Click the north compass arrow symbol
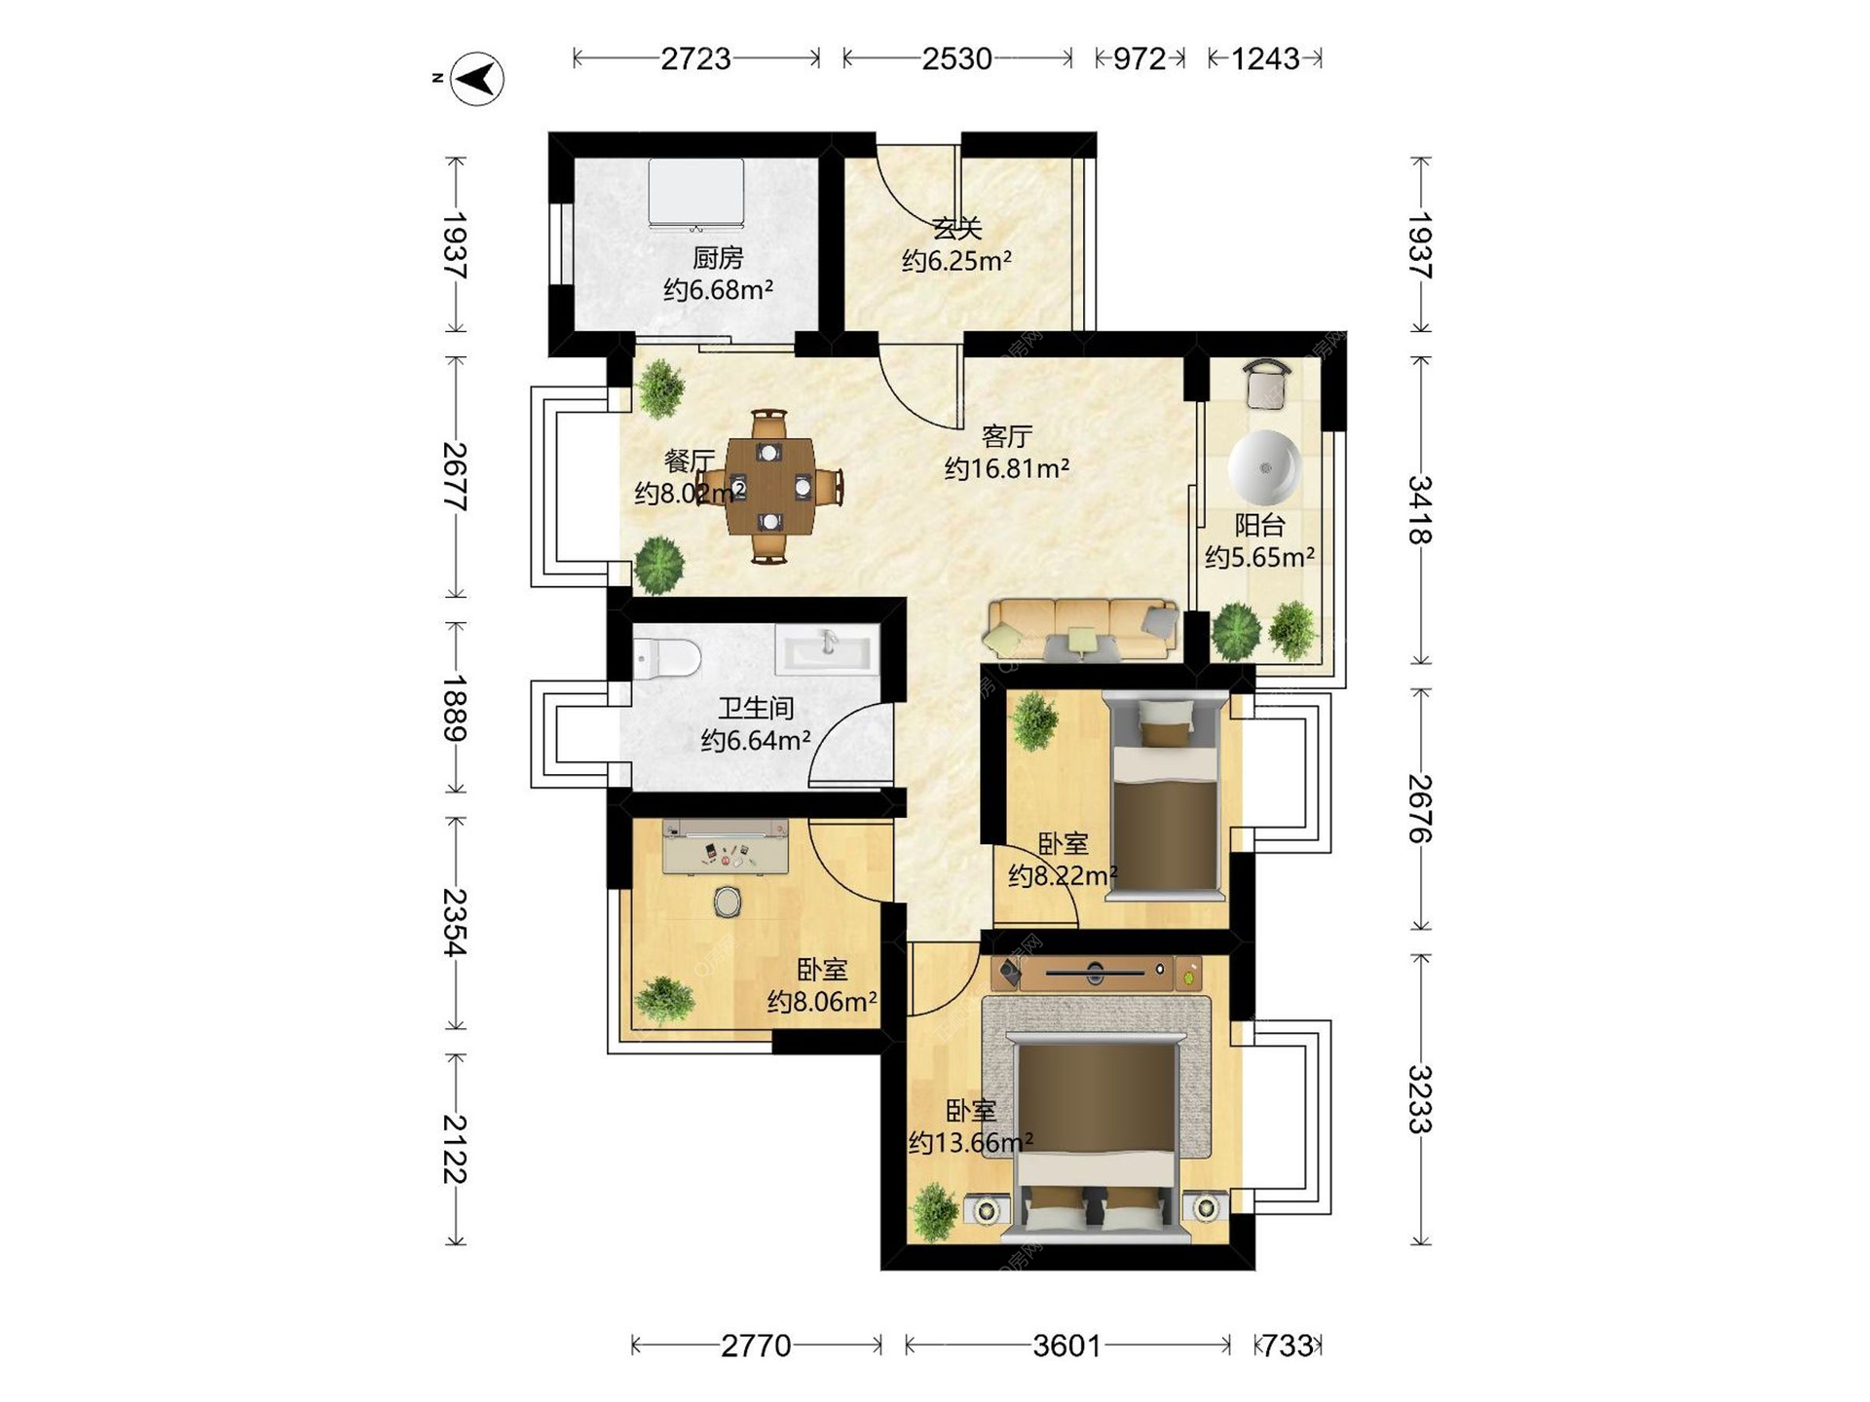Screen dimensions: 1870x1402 [x=478, y=78]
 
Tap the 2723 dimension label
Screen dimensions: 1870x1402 [x=695, y=59]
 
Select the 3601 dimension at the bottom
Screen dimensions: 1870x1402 [x=1066, y=1346]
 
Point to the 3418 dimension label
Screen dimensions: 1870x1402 [x=1420, y=509]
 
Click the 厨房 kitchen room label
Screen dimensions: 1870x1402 [x=718, y=258]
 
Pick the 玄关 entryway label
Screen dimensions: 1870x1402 [x=956, y=229]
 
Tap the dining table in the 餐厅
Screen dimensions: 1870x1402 [x=769, y=486]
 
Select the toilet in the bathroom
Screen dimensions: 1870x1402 [x=666, y=658]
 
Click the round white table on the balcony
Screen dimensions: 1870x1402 [x=1265, y=467]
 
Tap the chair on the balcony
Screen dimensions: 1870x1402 [x=1267, y=385]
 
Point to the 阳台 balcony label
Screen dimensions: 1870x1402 [x=1259, y=525]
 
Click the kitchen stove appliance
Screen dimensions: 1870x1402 [x=696, y=196]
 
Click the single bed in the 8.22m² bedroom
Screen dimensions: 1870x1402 [x=1165, y=794]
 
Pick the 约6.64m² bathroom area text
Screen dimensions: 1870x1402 [x=756, y=741]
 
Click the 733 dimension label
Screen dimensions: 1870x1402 [x=1288, y=1346]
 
